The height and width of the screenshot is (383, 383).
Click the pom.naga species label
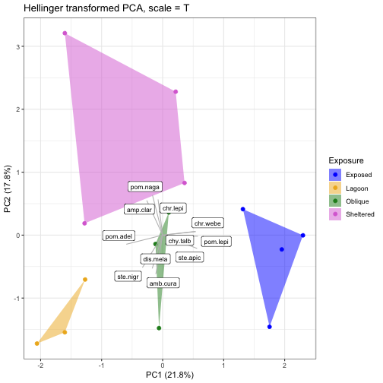(x=145, y=187)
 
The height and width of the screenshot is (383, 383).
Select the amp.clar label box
(x=139, y=210)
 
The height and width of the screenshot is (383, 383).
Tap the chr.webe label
(x=207, y=223)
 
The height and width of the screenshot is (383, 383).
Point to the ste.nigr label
(x=128, y=277)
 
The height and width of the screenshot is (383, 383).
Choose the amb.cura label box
(x=163, y=283)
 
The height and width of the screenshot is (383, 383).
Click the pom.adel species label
(x=119, y=236)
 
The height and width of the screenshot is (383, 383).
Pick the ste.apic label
(x=190, y=258)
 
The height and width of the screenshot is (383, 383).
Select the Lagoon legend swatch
(x=335, y=188)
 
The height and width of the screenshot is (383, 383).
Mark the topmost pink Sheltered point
(x=65, y=33)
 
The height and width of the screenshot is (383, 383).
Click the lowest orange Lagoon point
(x=37, y=343)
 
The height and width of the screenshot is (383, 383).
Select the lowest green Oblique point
(x=159, y=328)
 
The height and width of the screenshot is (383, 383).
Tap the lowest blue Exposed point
(x=270, y=327)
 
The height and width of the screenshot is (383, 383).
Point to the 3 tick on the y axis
(x=17, y=46)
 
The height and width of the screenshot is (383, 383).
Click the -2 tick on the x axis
(x=40, y=366)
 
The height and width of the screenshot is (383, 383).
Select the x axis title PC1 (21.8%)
(x=169, y=375)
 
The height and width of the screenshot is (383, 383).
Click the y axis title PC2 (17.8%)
(x=8, y=188)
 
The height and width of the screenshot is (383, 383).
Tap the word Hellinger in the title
(x=43, y=8)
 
